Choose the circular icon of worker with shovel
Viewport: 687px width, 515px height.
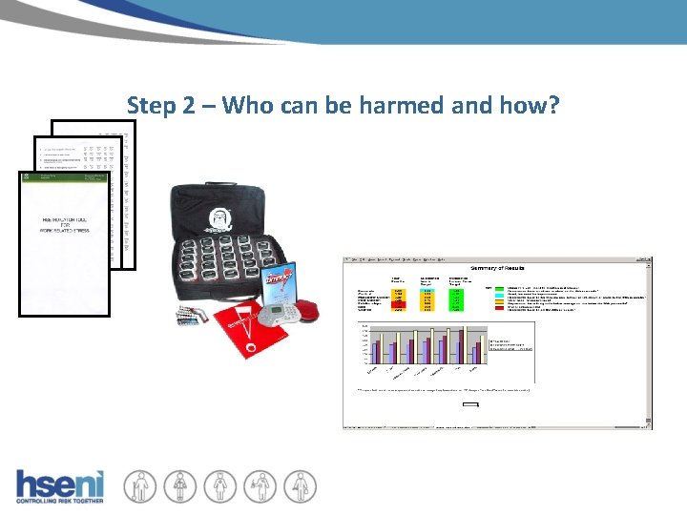(141, 485)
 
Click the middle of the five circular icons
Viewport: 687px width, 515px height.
(219, 485)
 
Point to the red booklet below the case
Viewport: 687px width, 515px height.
(233, 334)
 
